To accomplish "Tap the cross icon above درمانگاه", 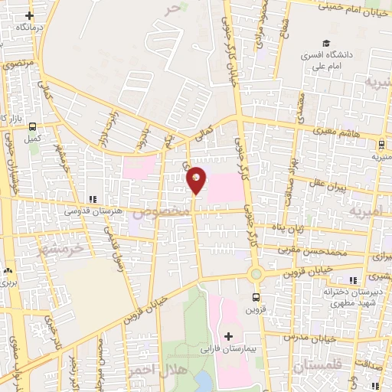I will [30, 15].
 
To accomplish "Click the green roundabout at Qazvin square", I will [256, 273].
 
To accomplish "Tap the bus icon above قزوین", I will [255, 298].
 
